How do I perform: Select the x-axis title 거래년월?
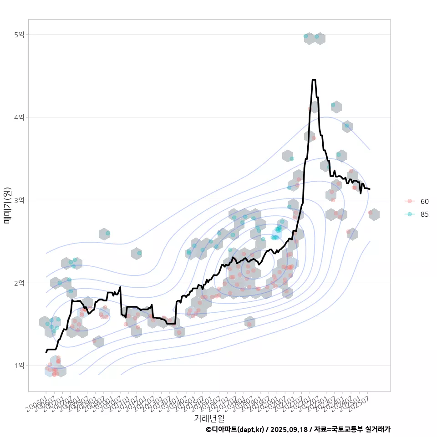[x=209, y=418]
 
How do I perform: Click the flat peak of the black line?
[x=314, y=80]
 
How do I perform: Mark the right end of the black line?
[x=370, y=189]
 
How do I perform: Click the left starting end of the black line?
[x=46, y=352]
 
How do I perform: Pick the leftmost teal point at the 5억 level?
[x=306, y=36]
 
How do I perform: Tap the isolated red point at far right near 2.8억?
[x=371, y=213]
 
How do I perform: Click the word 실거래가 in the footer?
[x=378, y=429]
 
